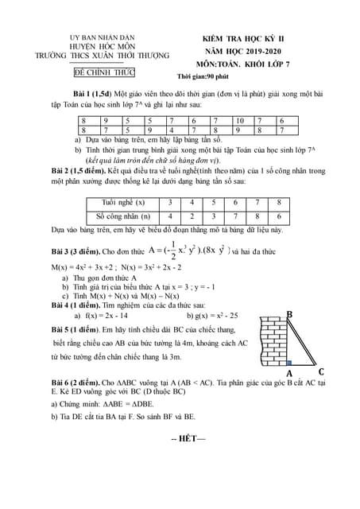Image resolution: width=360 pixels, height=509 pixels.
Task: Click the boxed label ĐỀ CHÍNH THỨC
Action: (104, 72)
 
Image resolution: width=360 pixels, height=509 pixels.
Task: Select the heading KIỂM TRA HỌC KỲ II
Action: (249, 37)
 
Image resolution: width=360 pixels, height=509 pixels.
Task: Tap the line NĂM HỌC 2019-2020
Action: (248, 49)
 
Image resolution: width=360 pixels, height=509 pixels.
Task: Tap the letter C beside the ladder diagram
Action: (321, 371)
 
